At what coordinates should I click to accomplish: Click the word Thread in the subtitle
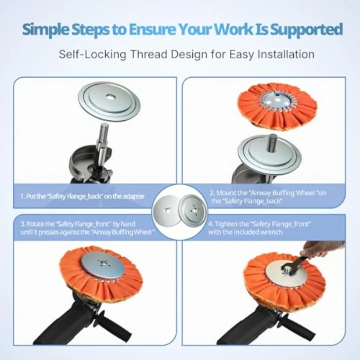coord(148,54)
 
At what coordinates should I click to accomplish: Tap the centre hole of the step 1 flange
coord(111,97)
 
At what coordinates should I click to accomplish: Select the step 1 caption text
coord(83,196)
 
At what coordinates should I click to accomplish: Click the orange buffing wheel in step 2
coord(277,104)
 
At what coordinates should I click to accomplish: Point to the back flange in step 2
coord(270,154)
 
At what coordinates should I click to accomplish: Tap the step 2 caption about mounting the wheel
coord(268,197)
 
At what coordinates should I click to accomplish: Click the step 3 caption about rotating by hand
coord(88,228)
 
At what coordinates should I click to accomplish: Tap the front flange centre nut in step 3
coord(103,263)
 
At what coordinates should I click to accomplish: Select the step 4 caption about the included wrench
coord(260,228)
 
